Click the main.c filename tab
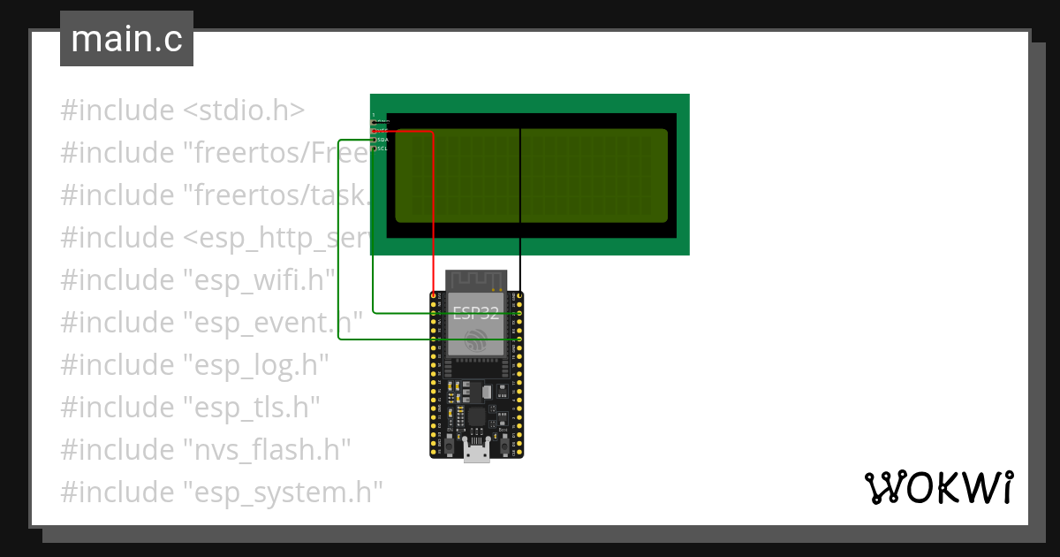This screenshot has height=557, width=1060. (126, 39)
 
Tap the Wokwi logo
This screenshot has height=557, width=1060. (938, 488)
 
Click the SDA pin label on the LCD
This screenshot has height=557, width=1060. (382, 140)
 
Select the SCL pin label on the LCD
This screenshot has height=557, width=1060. (382, 149)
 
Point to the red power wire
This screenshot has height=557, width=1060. (433, 212)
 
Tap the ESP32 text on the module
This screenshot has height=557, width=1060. (476, 312)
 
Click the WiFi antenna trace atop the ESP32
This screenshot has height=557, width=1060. (477, 279)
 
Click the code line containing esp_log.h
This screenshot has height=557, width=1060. (194, 364)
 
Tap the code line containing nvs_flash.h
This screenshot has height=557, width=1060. (206, 449)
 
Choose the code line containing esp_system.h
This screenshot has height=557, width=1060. (221, 492)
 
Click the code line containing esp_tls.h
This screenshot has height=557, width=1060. (190, 407)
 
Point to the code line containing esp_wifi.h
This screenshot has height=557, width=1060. (198, 279)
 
